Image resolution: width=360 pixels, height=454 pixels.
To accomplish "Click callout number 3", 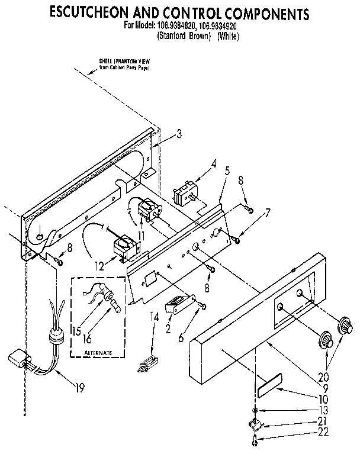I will point(179,134).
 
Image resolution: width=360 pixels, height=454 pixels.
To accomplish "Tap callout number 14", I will point(155,317).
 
